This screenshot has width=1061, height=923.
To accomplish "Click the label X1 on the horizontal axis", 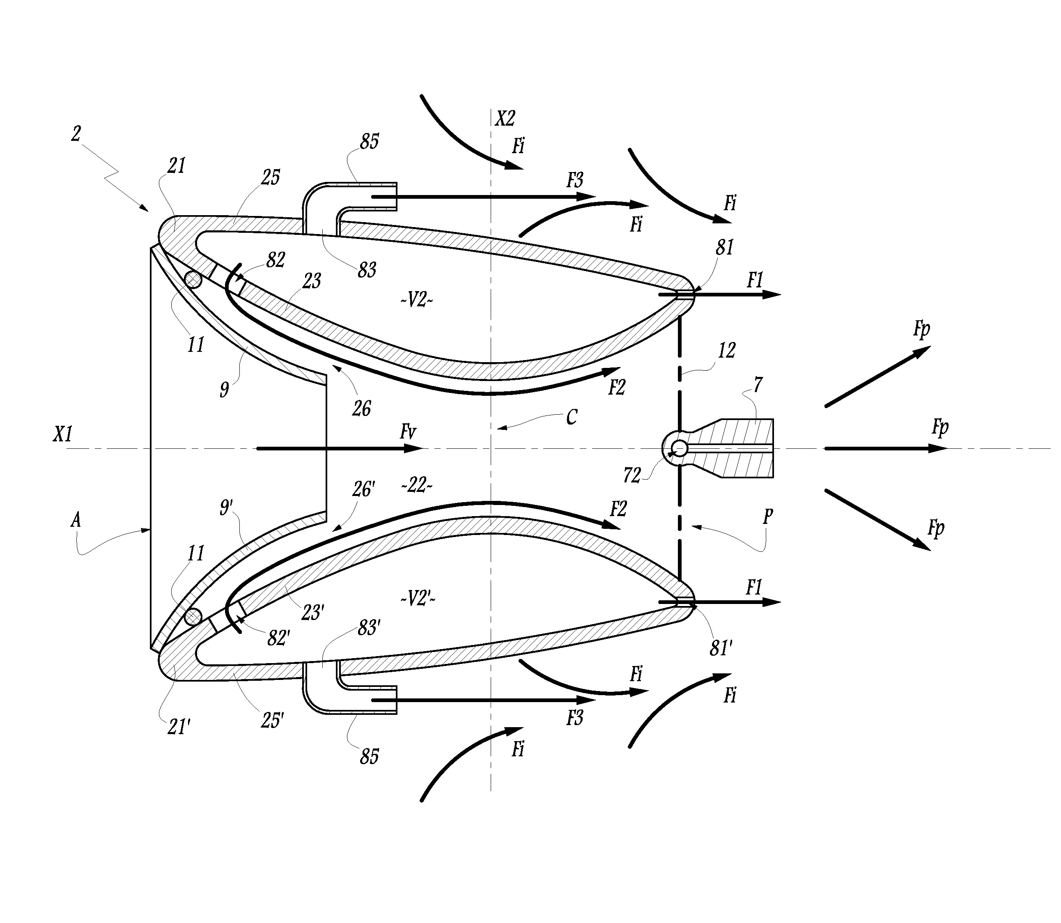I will (63, 435).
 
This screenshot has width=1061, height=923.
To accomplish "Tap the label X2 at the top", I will (505, 119).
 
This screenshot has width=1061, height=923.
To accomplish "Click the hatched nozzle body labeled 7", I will (747, 448).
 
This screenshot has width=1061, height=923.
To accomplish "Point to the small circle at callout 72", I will (679, 448).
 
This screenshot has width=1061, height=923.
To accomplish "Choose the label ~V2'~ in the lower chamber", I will (418, 599).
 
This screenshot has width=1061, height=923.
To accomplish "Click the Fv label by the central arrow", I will (407, 432).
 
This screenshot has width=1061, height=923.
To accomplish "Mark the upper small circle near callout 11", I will (193, 279).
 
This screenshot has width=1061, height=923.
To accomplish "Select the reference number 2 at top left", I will (76, 134).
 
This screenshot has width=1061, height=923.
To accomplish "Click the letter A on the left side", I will (76, 520).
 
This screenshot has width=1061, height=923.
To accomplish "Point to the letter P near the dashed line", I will (767, 516).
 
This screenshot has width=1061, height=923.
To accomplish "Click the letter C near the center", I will (571, 417).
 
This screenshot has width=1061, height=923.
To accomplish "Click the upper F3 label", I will (575, 180).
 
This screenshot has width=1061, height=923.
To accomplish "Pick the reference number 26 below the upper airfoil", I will (362, 409).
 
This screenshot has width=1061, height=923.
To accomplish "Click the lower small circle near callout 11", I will (193, 617).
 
